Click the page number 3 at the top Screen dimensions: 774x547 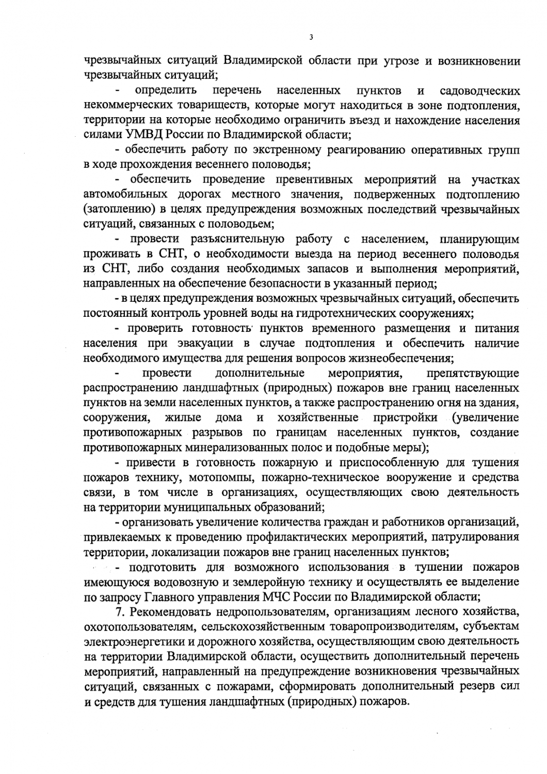(x=310, y=37)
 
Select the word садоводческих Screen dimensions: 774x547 (x=480, y=91)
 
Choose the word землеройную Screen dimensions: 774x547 (x=271, y=583)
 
